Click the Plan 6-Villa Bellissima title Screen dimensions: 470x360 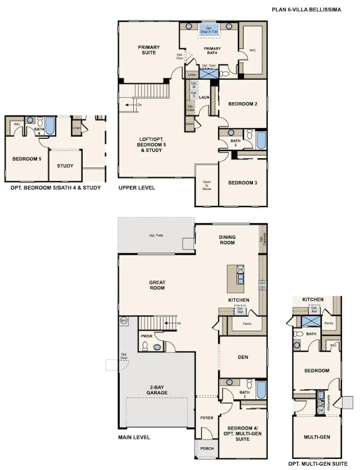tap(306, 9)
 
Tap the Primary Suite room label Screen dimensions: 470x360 tap(148, 50)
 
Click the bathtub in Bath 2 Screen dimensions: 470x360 tap(261, 139)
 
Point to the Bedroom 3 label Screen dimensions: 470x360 tap(243, 183)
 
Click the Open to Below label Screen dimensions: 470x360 tap(207, 185)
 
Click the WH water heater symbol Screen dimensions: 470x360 tap(123, 320)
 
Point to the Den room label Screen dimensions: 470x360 tap(243, 357)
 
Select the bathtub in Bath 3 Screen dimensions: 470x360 tap(261, 389)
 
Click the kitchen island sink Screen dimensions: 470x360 tap(240, 279)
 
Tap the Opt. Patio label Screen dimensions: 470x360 tap(156, 235)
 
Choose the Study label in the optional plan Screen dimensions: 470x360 tap(65, 166)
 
